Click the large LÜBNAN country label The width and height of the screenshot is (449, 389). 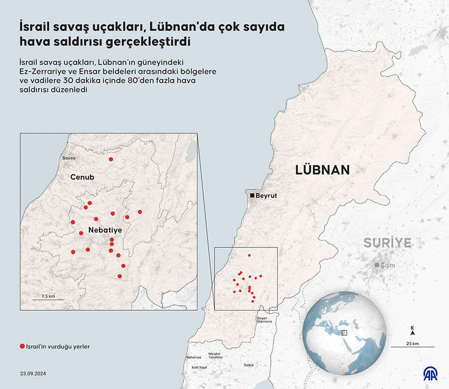(322, 170)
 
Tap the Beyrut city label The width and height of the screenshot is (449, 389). (266, 196)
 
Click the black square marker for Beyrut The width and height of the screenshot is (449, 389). (252, 195)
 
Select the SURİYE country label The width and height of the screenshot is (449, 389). (387, 243)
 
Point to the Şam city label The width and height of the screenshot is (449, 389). (387, 265)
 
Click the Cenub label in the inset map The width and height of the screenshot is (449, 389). (82, 177)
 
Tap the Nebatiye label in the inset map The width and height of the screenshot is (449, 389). (105, 230)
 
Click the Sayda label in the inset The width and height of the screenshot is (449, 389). (68, 158)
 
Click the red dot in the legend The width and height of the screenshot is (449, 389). (22, 346)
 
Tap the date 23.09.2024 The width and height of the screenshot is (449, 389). (34, 373)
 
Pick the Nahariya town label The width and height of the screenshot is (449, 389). (194, 357)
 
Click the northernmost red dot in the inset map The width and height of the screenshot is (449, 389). (111, 159)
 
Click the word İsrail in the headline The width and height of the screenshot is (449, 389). (35, 26)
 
